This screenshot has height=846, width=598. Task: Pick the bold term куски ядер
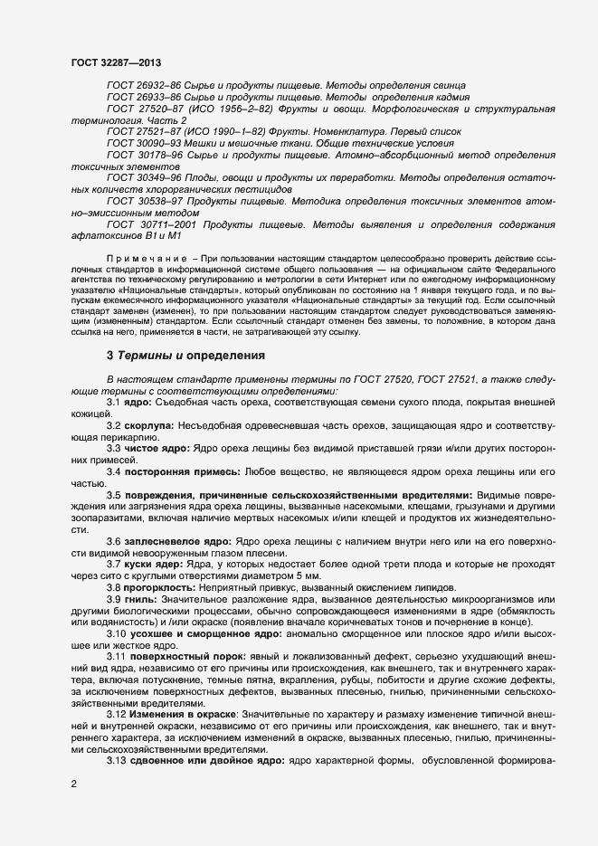(x=153, y=565)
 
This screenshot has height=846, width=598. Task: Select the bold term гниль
(x=142, y=600)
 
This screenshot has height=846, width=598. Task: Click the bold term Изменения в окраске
(x=183, y=714)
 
